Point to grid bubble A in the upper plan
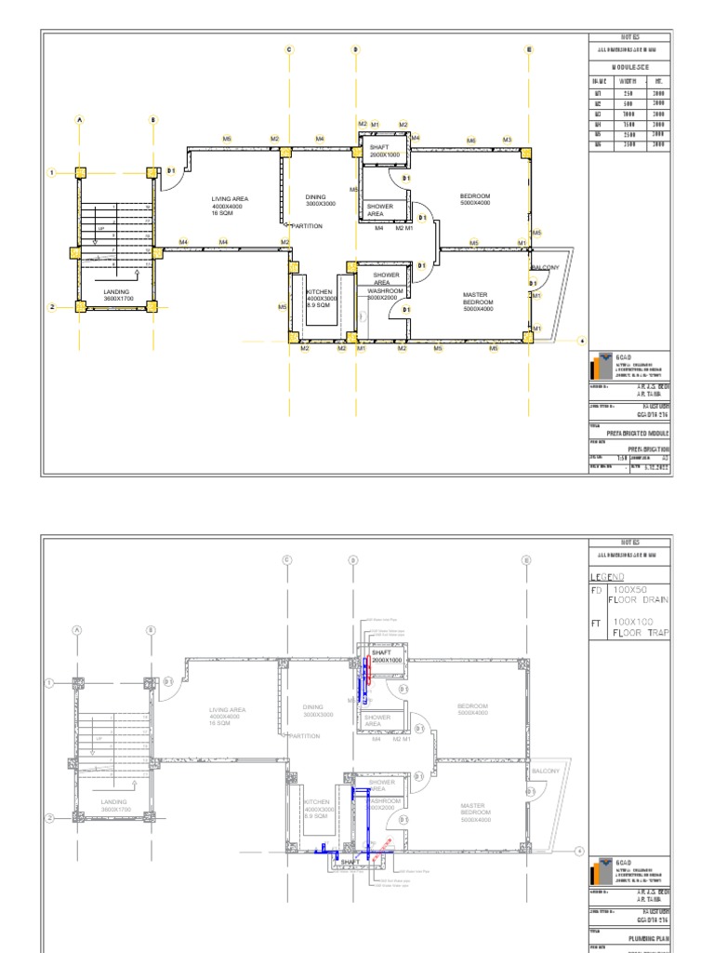click(x=80, y=119)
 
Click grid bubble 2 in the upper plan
click(x=53, y=307)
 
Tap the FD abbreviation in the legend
click(x=597, y=590)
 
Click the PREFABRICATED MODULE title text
click(x=638, y=434)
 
